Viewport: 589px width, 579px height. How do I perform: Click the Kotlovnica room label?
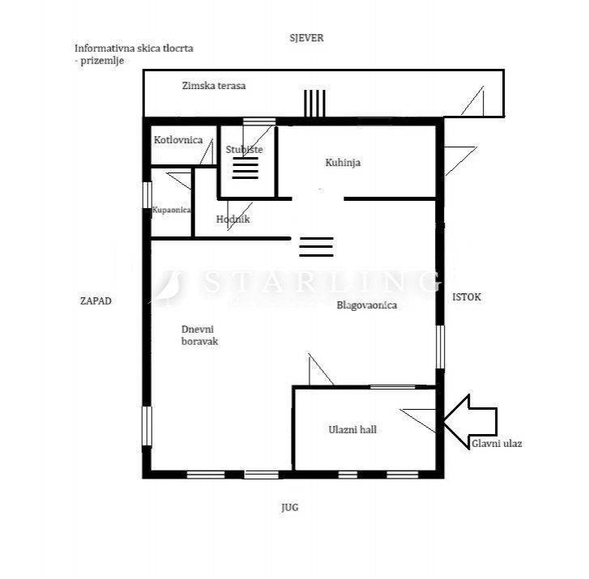click(x=178, y=140)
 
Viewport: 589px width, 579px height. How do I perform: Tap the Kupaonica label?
click(x=172, y=211)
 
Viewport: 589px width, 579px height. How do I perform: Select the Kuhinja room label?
click(x=343, y=163)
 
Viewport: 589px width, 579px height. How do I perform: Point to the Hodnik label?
click(x=233, y=219)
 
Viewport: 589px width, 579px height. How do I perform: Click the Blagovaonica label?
click(x=367, y=305)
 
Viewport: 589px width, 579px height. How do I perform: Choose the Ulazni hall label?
click(x=352, y=429)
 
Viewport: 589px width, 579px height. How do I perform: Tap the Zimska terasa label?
click(x=214, y=86)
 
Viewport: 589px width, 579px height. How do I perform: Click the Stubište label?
click(x=244, y=150)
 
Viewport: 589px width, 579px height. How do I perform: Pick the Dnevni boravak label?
click(x=199, y=335)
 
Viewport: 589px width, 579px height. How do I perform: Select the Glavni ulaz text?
click(x=497, y=444)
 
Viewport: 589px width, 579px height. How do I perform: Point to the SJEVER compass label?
click(x=306, y=38)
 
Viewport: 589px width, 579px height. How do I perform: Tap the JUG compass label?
click(x=290, y=508)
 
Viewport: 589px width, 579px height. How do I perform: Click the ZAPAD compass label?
click(x=96, y=301)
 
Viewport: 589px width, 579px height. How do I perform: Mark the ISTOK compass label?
click(x=467, y=297)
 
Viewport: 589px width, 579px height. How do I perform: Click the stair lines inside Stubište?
click(x=245, y=168)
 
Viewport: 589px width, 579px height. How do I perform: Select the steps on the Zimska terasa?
click(x=314, y=104)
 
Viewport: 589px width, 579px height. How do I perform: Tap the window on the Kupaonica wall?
click(x=147, y=194)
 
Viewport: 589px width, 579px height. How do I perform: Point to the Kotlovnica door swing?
click(x=207, y=151)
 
